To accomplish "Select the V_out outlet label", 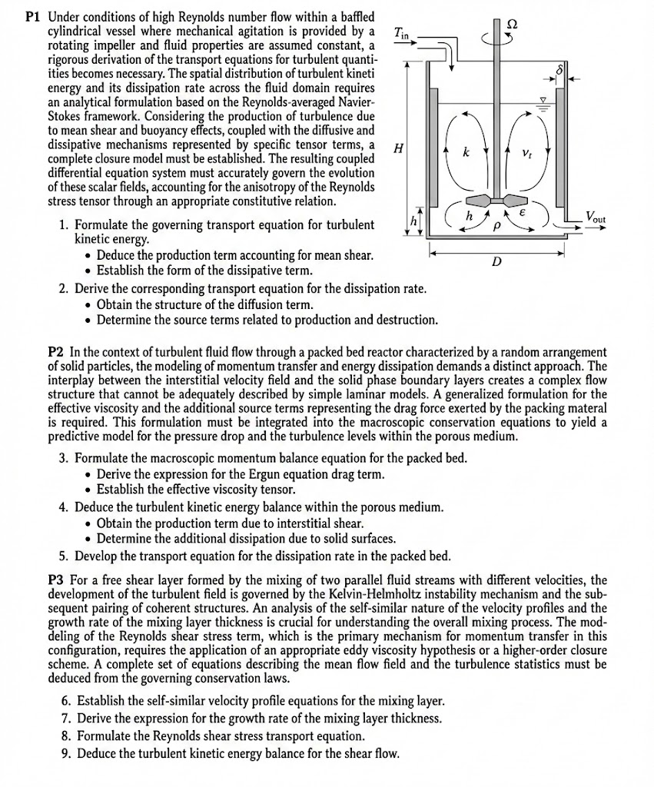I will coord(595,218).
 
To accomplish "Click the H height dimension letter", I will coord(398,149).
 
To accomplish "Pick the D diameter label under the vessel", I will coord(496,263).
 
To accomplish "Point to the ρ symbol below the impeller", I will coord(496,227).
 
